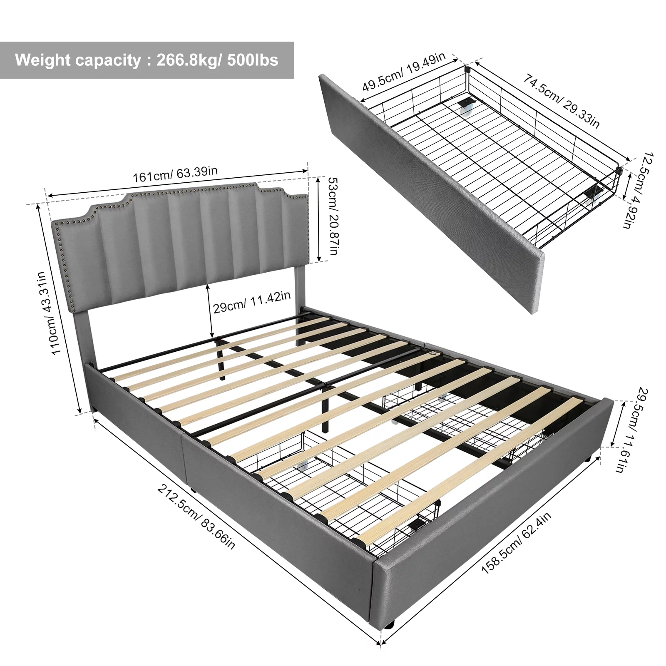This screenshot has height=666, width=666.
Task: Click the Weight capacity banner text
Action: coord(147,60)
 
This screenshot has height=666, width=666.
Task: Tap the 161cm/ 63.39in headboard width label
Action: coord(175,175)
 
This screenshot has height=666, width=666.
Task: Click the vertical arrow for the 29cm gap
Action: coord(211,310)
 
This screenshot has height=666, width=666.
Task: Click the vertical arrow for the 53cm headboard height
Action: coord(319,219)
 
